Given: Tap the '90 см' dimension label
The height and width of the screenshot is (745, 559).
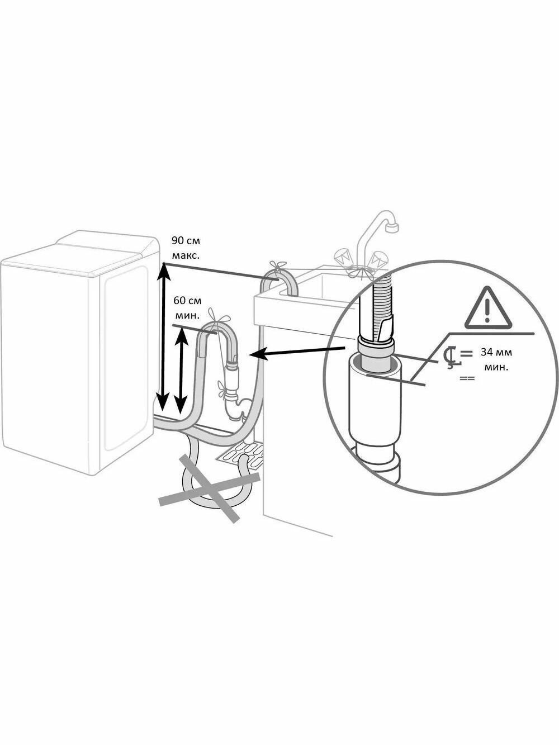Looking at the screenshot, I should tap(185, 241).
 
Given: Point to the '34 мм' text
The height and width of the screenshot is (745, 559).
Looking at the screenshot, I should tap(496, 353).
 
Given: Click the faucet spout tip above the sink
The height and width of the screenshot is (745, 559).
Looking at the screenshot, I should tap(394, 227).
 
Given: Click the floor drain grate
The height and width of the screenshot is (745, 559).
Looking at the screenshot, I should tap(240, 454).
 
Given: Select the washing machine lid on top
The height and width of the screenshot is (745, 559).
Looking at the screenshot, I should tap(106, 249).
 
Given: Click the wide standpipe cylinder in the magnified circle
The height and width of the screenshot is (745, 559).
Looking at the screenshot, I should tap(372, 402).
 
